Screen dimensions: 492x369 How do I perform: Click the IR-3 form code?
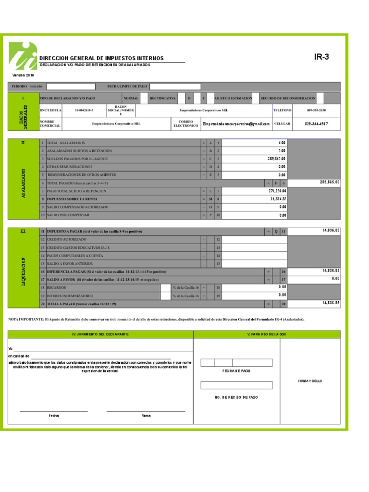click(321, 57)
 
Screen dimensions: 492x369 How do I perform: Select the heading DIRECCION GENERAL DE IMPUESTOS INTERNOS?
click(101, 58)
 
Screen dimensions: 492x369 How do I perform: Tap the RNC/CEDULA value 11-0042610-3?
click(84, 111)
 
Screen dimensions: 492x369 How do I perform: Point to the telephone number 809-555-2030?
click(316, 111)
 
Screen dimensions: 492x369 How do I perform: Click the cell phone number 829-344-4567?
click(316, 124)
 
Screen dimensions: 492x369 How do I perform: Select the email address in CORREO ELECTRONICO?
click(236, 124)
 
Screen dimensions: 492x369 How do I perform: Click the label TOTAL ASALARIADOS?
click(66, 143)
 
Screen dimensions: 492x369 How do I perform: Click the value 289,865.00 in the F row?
click(330, 183)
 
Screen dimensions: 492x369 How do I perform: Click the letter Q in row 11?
click(276, 232)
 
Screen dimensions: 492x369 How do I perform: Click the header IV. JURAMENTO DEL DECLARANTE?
click(100, 334)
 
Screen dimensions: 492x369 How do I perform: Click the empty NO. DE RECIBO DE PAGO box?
click(236, 385)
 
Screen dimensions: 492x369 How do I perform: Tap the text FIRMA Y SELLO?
click(310, 381)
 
